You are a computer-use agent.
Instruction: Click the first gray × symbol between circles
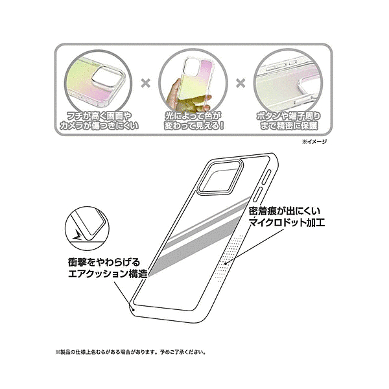(x=146, y=84)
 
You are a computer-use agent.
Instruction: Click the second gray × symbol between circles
(x=241, y=84)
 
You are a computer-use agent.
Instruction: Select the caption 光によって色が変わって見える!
(x=194, y=121)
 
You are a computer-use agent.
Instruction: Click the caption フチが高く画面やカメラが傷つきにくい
(x=99, y=121)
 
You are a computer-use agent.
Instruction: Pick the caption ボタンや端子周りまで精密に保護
(x=289, y=121)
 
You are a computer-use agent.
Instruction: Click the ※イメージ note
(x=314, y=141)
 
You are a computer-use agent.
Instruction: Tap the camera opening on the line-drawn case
(x=220, y=176)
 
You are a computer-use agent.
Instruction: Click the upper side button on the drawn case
(x=265, y=177)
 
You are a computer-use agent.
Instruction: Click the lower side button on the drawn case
(x=258, y=195)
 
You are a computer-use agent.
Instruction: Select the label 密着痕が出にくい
(x=285, y=211)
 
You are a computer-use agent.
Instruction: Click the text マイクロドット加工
(x=287, y=222)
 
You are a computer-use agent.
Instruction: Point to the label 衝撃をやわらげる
(x=104, y=262)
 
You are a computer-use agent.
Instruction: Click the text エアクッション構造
(x=108, y=274)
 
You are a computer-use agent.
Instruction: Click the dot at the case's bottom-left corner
(x=134, y=309)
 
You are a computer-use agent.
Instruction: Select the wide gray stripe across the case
(x=196, y=246)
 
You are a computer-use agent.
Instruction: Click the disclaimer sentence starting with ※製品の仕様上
(x=131, y=352)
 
